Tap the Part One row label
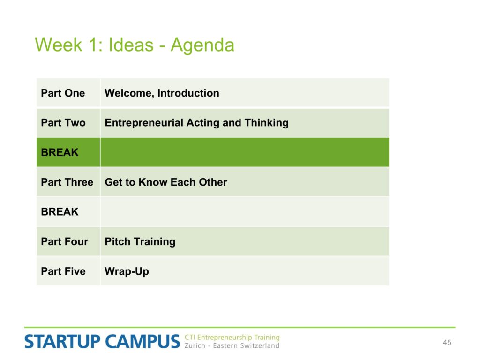[x=63, y=93]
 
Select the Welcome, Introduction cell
[x=162, y=93]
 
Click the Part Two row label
[x=63, y=123]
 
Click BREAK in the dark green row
[x=60, y=152]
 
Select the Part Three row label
[x=67, y=182]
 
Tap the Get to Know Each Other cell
[x=166, y=182]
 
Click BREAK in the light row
[x=60, y=212]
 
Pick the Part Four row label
[x=65, y=241]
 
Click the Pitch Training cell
[x=140, y=241]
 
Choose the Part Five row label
[x=63, y=271]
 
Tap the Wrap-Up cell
[x=127, y=271]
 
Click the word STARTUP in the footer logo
[x=62, y=342]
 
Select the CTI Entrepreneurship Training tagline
[x=232, y=337]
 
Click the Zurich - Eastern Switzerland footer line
[x=232, y=345]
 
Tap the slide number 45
[x=447, y=343]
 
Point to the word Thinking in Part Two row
[x=266, y=123]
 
